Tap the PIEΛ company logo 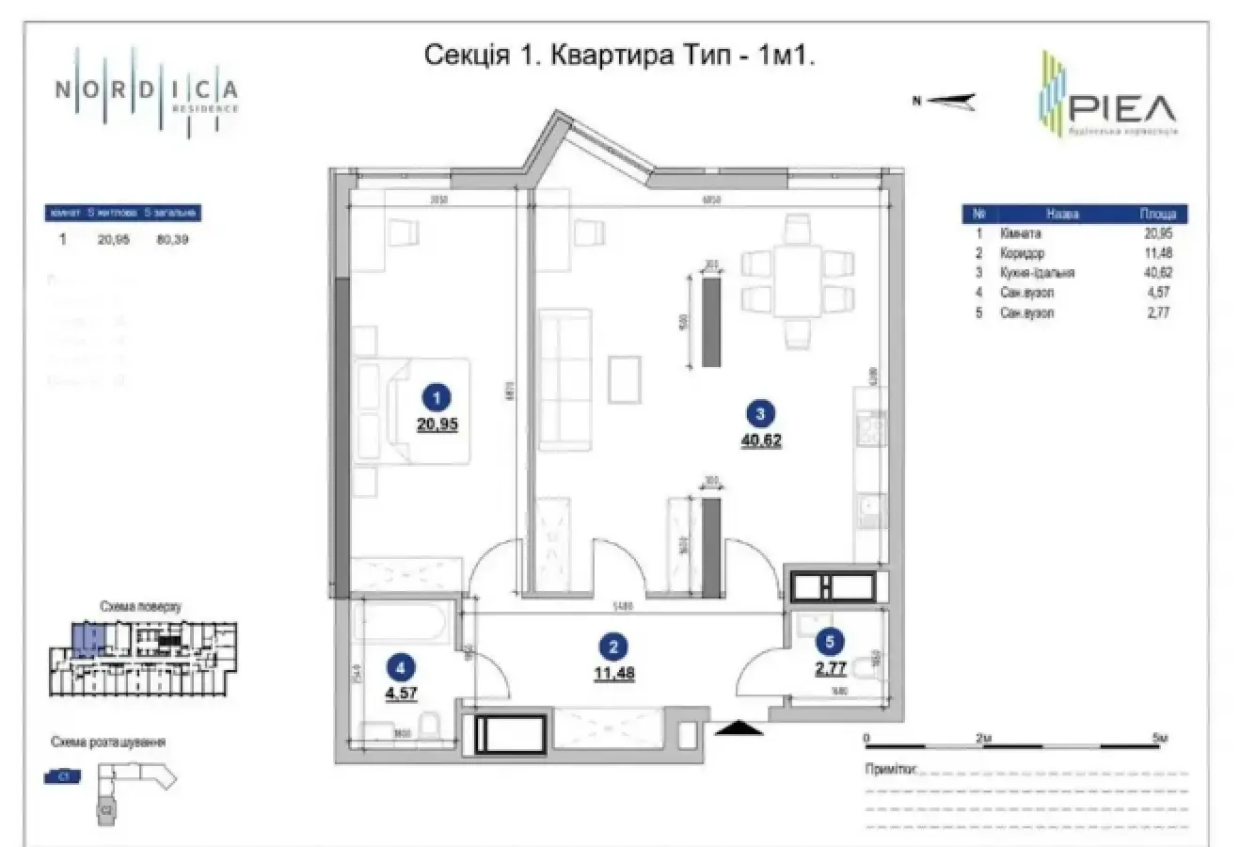1106,94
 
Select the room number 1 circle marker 436,398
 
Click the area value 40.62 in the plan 761,439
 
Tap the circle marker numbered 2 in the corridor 613,647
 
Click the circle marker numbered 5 829,643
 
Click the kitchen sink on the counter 868,514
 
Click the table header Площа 1157,215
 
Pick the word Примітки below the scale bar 888,768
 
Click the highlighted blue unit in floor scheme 85,640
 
